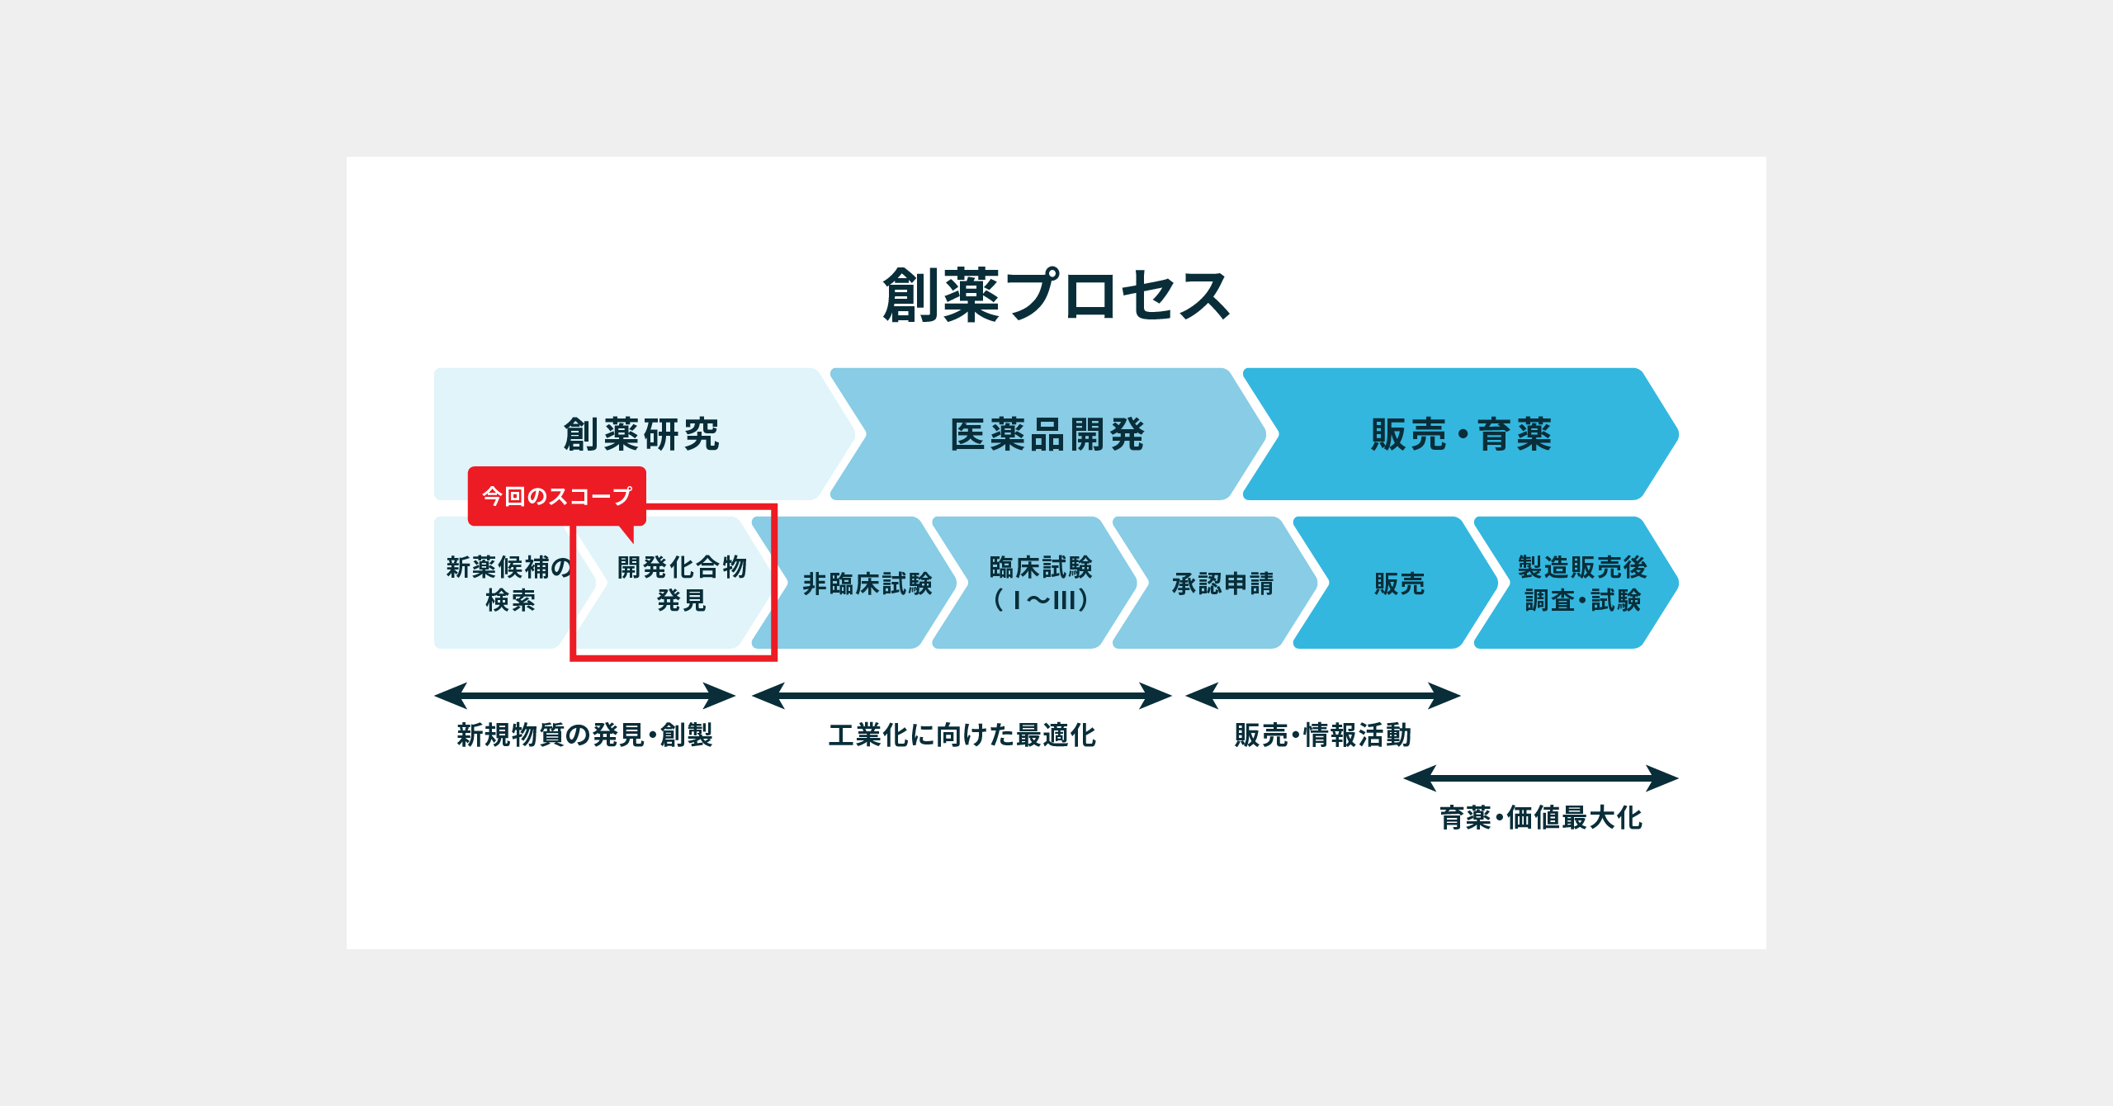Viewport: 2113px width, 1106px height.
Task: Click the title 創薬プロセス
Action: tap(1056, 295)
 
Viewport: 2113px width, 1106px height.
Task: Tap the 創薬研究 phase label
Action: tap(641, 434)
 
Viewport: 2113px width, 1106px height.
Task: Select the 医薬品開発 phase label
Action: tap(1047, 434)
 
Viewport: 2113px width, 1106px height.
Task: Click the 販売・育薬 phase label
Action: tap(1461, 434)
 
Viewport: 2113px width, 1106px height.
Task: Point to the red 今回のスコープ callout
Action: tap(557, 496)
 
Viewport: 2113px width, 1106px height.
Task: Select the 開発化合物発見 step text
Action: tap(682, 584)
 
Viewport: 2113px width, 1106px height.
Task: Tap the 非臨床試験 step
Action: tap(867, 584)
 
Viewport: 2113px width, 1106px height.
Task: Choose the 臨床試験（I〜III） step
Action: tap(1041, 584)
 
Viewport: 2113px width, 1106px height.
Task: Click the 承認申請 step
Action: tap(1222, 584)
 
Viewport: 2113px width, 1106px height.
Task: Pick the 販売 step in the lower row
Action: tap(1399, 584)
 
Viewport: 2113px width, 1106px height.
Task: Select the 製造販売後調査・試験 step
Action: tap(1582, 584)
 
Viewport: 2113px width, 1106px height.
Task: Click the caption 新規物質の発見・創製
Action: tap(584, 735)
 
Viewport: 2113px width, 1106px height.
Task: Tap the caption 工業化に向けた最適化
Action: tap(962, 735)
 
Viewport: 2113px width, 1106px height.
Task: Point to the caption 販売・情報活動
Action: tap(1323, 735)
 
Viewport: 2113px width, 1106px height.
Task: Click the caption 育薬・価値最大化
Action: tap(1541, 818)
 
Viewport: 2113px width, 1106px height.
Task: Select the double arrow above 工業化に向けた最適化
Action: tap(962, 696)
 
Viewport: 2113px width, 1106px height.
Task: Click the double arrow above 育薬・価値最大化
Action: tap(1541, 778)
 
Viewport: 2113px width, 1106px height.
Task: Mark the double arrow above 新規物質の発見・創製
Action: tap(584, 696)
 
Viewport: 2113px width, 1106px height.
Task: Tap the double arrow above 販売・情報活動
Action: tap(1323, 696)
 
